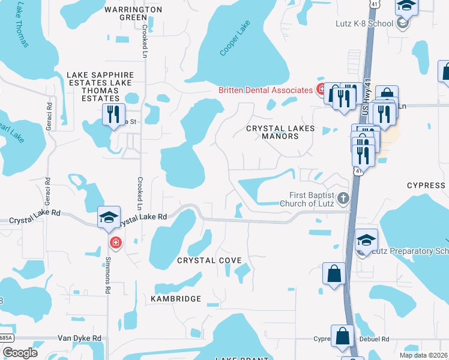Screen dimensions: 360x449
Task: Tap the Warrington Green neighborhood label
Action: click(133, 13)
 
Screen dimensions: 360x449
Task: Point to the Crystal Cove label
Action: click(209, 260)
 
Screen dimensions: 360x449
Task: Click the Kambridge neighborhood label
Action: click(176, 298)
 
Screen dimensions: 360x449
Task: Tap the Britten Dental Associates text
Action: click(265, 90)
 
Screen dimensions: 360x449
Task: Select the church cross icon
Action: click(343, 198)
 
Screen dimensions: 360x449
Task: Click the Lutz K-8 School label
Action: click(364, 24)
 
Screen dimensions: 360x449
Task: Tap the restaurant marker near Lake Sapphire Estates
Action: click(113, 114)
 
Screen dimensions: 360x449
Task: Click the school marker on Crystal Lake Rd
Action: click(109, 217)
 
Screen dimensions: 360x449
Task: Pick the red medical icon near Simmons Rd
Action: click(115, 243)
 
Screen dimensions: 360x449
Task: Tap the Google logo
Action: click(19, 353)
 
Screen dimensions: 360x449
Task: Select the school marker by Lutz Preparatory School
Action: click(367, 241)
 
